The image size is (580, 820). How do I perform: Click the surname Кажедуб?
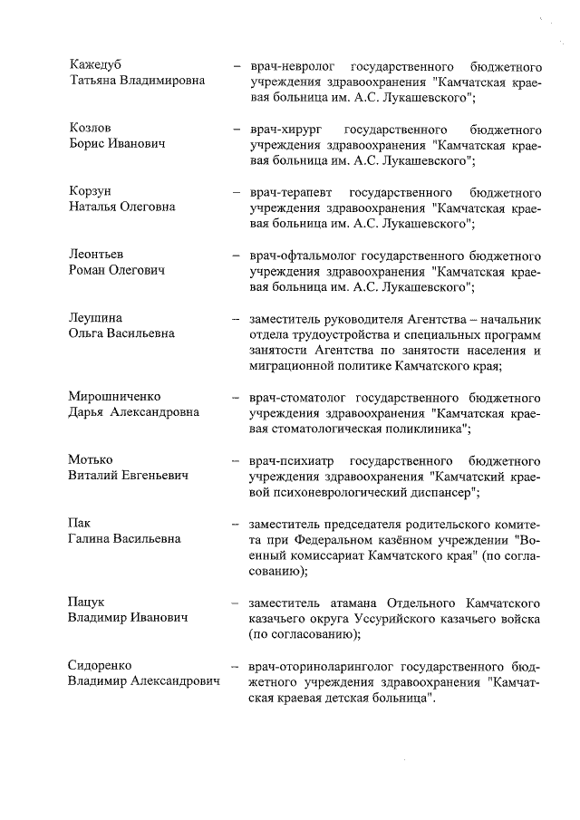pos(95,65)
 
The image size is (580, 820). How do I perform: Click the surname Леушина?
pos(95,319)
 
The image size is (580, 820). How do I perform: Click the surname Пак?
pos(80,524)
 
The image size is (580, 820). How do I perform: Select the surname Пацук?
pos(86,602)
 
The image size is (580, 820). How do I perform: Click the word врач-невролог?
pos(287,66)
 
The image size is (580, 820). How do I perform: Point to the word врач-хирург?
pos(280,130)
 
